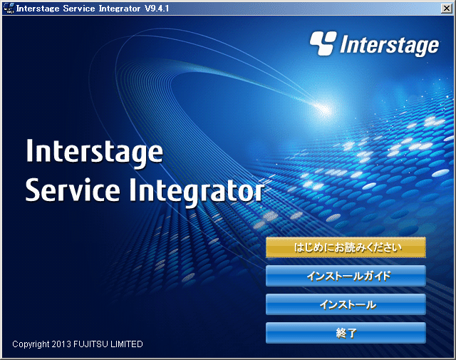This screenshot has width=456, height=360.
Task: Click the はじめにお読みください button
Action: click(346, 247)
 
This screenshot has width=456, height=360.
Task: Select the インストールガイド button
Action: click(346, 276)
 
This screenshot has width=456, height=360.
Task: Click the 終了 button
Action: click(346, 333)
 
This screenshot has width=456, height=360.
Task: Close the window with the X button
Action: click(447, 8)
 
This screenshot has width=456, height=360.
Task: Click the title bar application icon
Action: click(9, 8)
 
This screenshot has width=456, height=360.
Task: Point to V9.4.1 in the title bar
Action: click(157, 9)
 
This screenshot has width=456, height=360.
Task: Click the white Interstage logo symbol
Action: click(323, 43)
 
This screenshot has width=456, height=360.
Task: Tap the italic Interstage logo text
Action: click(390, 45)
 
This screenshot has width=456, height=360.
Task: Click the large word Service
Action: click(73, 190)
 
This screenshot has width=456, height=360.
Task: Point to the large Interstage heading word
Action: click(95, 153)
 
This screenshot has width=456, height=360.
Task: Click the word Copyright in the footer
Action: click(31, 344)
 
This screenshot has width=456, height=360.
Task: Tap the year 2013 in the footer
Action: click(61, 344)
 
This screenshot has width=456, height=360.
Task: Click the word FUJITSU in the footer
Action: click(90, 344)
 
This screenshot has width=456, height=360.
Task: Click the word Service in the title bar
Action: click(79, 9)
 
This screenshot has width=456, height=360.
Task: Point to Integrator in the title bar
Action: click(120, 9)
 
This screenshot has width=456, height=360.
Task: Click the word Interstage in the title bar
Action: click(38, 9)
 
